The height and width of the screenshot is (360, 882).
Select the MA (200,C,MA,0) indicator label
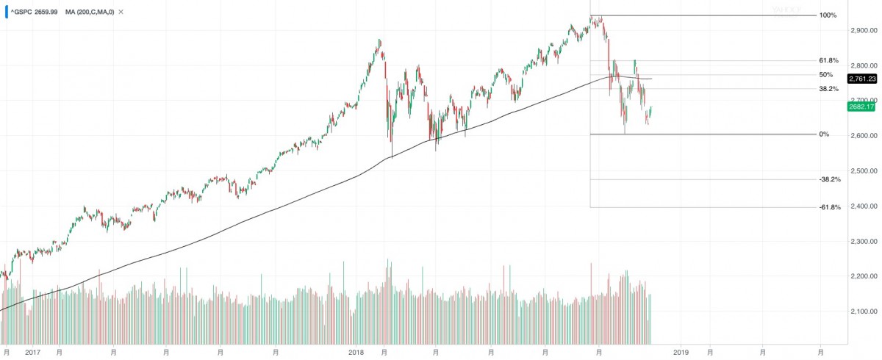[90, 12]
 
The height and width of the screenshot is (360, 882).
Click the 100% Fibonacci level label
[828, 15]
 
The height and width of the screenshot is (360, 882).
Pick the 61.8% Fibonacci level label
[829, 60]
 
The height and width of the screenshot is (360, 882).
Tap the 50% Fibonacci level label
[825, 74]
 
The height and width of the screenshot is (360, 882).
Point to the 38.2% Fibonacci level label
[829, 88]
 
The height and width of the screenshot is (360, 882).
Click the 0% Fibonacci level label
[824, 134]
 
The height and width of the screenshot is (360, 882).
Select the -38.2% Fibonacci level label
[830, 179]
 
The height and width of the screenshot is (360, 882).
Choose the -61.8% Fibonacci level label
[830, 207]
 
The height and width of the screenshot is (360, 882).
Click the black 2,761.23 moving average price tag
[861, 79]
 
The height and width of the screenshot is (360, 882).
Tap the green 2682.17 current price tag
[861, 107]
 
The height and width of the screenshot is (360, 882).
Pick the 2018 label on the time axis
[356, 353]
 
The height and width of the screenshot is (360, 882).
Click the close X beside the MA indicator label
[121, 12]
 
